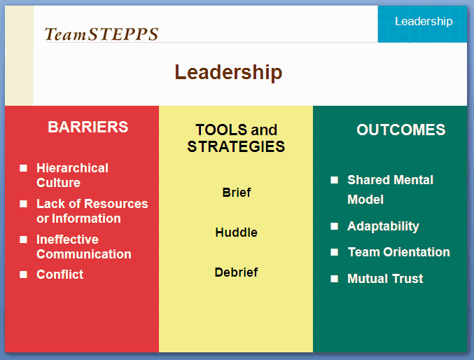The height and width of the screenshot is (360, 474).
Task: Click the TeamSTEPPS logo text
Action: [102, 34]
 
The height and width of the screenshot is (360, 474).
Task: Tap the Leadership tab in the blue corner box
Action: [424, 22]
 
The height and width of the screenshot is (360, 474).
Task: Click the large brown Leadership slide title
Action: [228, 72]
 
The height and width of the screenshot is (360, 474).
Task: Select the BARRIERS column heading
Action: [88, 127]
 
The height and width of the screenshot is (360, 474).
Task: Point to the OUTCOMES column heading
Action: [401, 130]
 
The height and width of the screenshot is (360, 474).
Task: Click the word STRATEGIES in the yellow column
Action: [236, 146]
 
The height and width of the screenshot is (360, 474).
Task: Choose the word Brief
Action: [237, 193]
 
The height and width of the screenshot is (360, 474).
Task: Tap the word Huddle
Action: [237, 233]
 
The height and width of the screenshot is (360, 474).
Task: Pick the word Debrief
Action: [236, 272]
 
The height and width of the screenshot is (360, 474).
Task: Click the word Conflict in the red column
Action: [60, 275]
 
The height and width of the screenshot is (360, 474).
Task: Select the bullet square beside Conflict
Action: [23, 275]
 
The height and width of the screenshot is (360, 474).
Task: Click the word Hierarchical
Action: [72, 168]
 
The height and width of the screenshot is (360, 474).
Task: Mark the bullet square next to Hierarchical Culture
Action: [23, 168]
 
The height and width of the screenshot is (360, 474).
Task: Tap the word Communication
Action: [84, 254]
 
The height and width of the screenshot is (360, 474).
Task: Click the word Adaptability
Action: [383, 227]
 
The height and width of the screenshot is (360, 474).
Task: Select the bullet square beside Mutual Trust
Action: [335, 279]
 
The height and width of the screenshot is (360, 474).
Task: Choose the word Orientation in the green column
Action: [417, 252]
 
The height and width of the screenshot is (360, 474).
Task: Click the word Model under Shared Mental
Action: [365, 200]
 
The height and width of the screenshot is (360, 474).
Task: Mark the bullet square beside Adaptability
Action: [335, 226]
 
